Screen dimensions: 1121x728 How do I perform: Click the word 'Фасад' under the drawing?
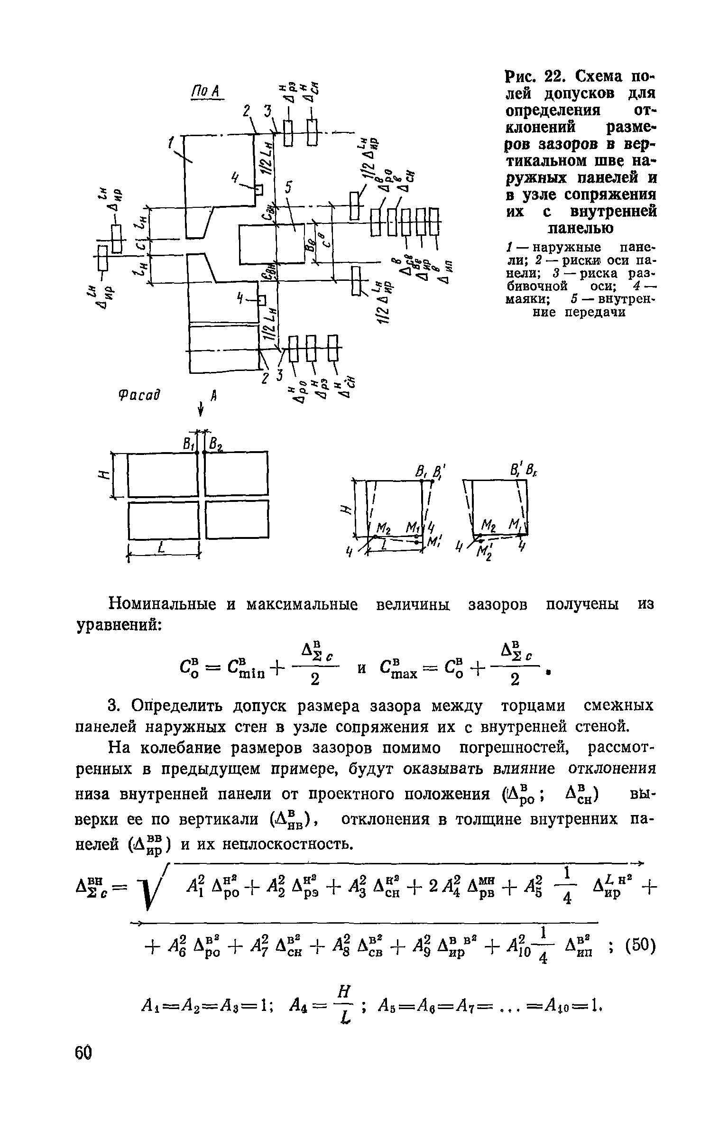tap(138, 394)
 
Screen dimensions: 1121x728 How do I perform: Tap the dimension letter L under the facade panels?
tap(161, 548)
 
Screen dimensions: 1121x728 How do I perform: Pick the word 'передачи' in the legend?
tap(596, 312)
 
